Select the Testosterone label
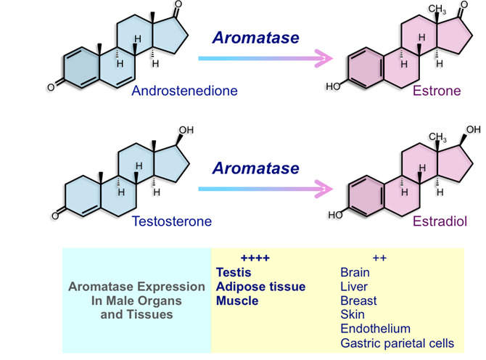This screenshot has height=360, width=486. pos(172,221)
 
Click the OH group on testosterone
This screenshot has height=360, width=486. pos(186,131)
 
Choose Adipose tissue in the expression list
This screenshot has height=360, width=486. pos(260,287)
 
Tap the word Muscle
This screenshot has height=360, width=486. pos(237,300)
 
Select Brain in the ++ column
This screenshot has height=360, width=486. pos(355,273)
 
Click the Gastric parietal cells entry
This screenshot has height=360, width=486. pos(397,343)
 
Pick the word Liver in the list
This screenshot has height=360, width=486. pos(353,287)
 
